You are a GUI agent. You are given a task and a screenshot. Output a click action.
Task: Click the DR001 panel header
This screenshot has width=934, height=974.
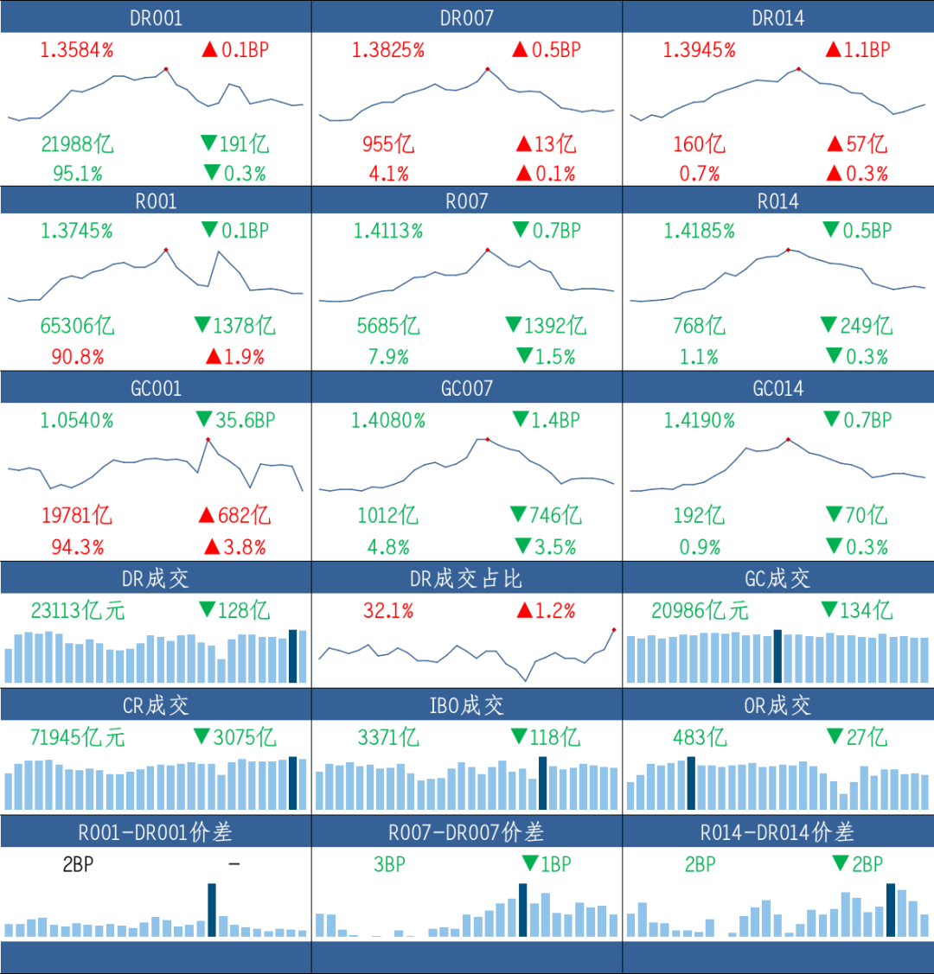(156, 17)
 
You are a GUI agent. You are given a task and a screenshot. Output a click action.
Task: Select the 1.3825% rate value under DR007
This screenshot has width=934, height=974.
(388, 50)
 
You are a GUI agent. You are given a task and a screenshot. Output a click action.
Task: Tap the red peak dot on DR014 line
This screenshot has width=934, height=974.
(798, 69)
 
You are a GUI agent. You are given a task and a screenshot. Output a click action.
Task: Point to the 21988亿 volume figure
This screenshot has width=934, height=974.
(78, 144)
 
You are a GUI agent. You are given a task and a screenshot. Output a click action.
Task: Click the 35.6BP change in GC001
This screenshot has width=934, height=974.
(245, 420)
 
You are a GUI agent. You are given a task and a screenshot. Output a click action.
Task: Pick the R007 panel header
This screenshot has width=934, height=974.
(467, 201)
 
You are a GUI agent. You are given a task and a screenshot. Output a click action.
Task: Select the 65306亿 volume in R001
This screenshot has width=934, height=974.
(78, 326)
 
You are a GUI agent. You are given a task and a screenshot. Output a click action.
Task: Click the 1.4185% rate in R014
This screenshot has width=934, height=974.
(699, 231)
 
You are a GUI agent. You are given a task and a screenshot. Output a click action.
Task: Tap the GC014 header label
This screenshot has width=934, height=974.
(778, 389)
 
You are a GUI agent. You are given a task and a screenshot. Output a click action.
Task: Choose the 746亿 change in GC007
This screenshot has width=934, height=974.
(555, 515)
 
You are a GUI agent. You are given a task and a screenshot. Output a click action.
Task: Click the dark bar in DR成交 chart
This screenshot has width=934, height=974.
(292, 656)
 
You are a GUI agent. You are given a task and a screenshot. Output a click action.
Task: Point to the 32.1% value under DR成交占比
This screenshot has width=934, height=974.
(388, 611)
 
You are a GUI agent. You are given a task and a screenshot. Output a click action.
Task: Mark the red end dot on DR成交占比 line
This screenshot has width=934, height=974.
(614, 630)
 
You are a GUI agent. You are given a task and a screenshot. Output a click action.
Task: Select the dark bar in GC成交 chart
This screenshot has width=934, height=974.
(777, 656)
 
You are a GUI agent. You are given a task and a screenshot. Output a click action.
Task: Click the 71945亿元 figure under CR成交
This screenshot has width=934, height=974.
(78, 737)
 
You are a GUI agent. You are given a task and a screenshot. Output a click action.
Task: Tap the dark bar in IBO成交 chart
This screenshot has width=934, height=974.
(542, 783)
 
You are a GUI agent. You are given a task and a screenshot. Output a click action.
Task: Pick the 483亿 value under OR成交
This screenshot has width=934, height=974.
(700, 737)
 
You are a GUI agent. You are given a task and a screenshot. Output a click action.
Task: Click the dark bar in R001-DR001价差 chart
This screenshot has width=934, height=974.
(212, 910)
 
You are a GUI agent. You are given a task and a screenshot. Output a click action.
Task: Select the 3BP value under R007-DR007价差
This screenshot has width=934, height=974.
(389, 864)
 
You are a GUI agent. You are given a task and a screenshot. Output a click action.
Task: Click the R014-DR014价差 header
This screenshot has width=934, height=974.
(777, 831)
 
